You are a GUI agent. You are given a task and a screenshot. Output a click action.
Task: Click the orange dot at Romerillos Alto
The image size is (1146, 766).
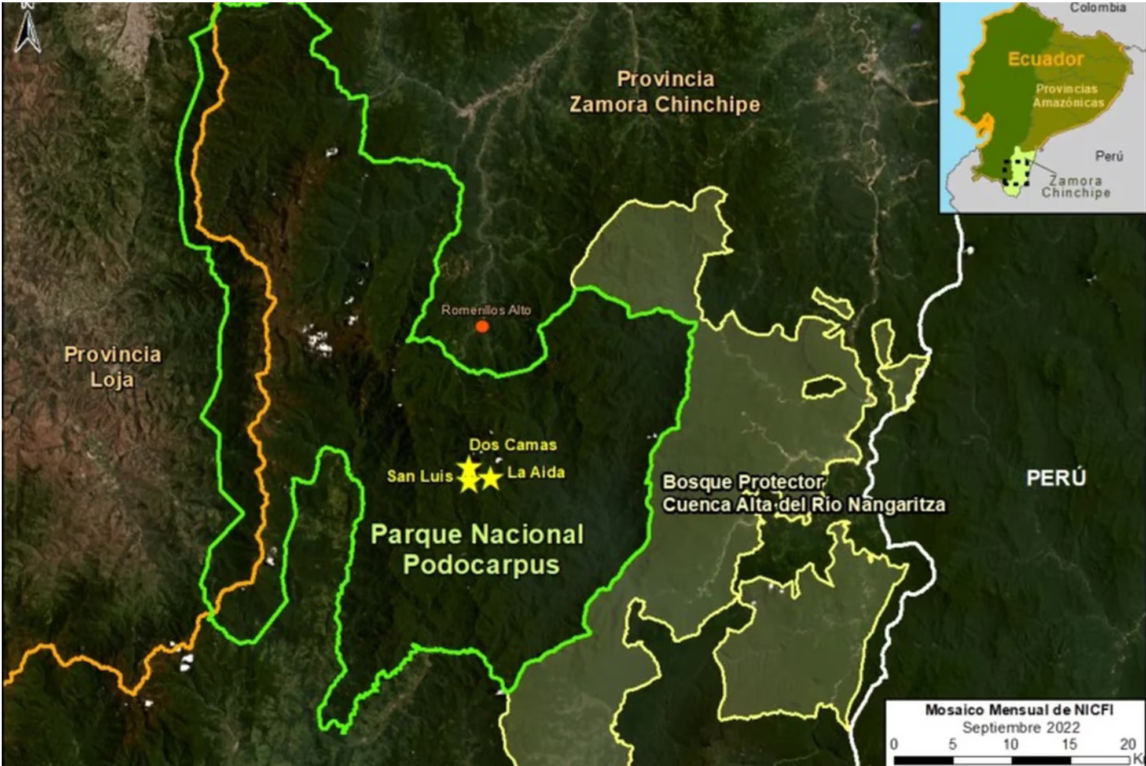tap(482, 327)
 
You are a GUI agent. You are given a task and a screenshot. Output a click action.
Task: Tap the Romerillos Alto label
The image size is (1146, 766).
tap(486, 310)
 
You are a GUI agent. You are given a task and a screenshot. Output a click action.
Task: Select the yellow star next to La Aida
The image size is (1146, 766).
tap(491, 478)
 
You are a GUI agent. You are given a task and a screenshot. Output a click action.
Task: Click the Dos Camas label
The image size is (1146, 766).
tap(513, 445)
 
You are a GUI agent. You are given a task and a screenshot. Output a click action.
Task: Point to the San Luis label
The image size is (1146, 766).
tap(420, 476)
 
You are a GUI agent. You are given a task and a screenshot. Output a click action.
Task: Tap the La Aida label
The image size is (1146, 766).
tap(536, 472)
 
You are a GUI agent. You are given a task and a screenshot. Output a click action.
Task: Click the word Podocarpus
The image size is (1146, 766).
tap(481, 565)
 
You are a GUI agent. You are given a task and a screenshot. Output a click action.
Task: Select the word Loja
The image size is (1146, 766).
tap(112, 380)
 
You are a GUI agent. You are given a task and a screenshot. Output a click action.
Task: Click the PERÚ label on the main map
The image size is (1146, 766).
tap(1056, 478)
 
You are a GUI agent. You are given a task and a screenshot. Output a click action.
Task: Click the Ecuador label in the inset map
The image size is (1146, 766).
tap(1045, 59)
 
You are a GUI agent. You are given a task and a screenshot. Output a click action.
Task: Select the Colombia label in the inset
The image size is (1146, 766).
tap(1097, 8)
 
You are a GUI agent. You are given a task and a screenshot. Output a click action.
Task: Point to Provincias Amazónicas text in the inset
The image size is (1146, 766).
tap(1068, 96)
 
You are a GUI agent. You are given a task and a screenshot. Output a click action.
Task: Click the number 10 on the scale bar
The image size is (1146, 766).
tap(1010, 744)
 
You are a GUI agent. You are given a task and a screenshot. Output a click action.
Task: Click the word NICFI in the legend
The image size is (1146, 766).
tap(1092, 710)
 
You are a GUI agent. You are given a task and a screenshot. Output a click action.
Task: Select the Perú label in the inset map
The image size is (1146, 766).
tap(1109, 156)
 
